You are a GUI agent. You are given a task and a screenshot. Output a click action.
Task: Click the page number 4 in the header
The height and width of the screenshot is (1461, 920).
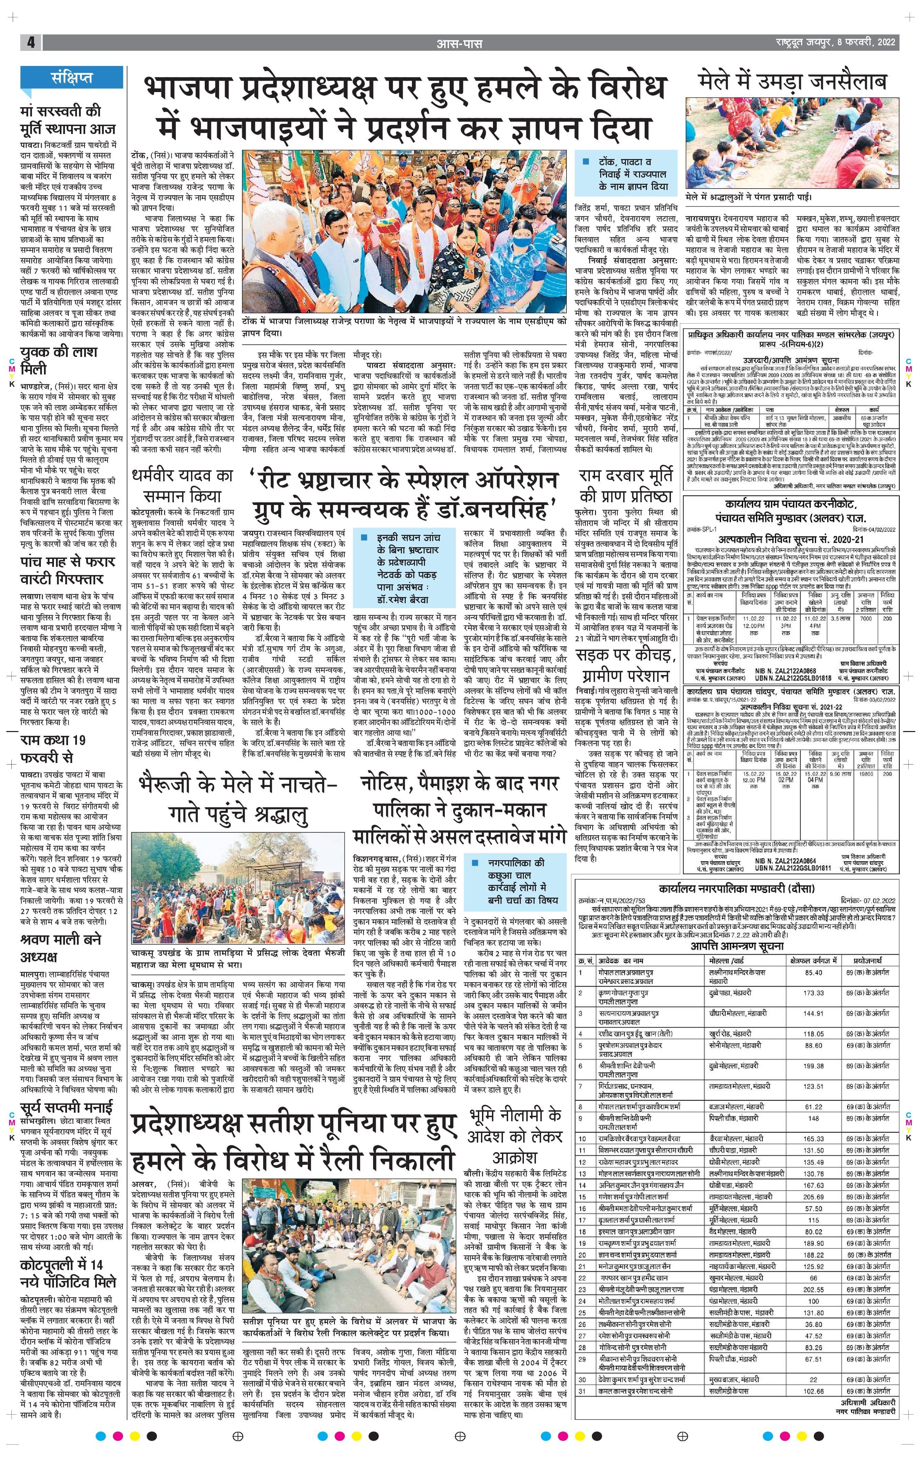pyautogui.click(x=30, y=43)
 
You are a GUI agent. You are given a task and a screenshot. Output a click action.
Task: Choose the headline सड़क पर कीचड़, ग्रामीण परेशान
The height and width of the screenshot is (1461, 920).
pyautogui.click(x=625, y=666)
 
